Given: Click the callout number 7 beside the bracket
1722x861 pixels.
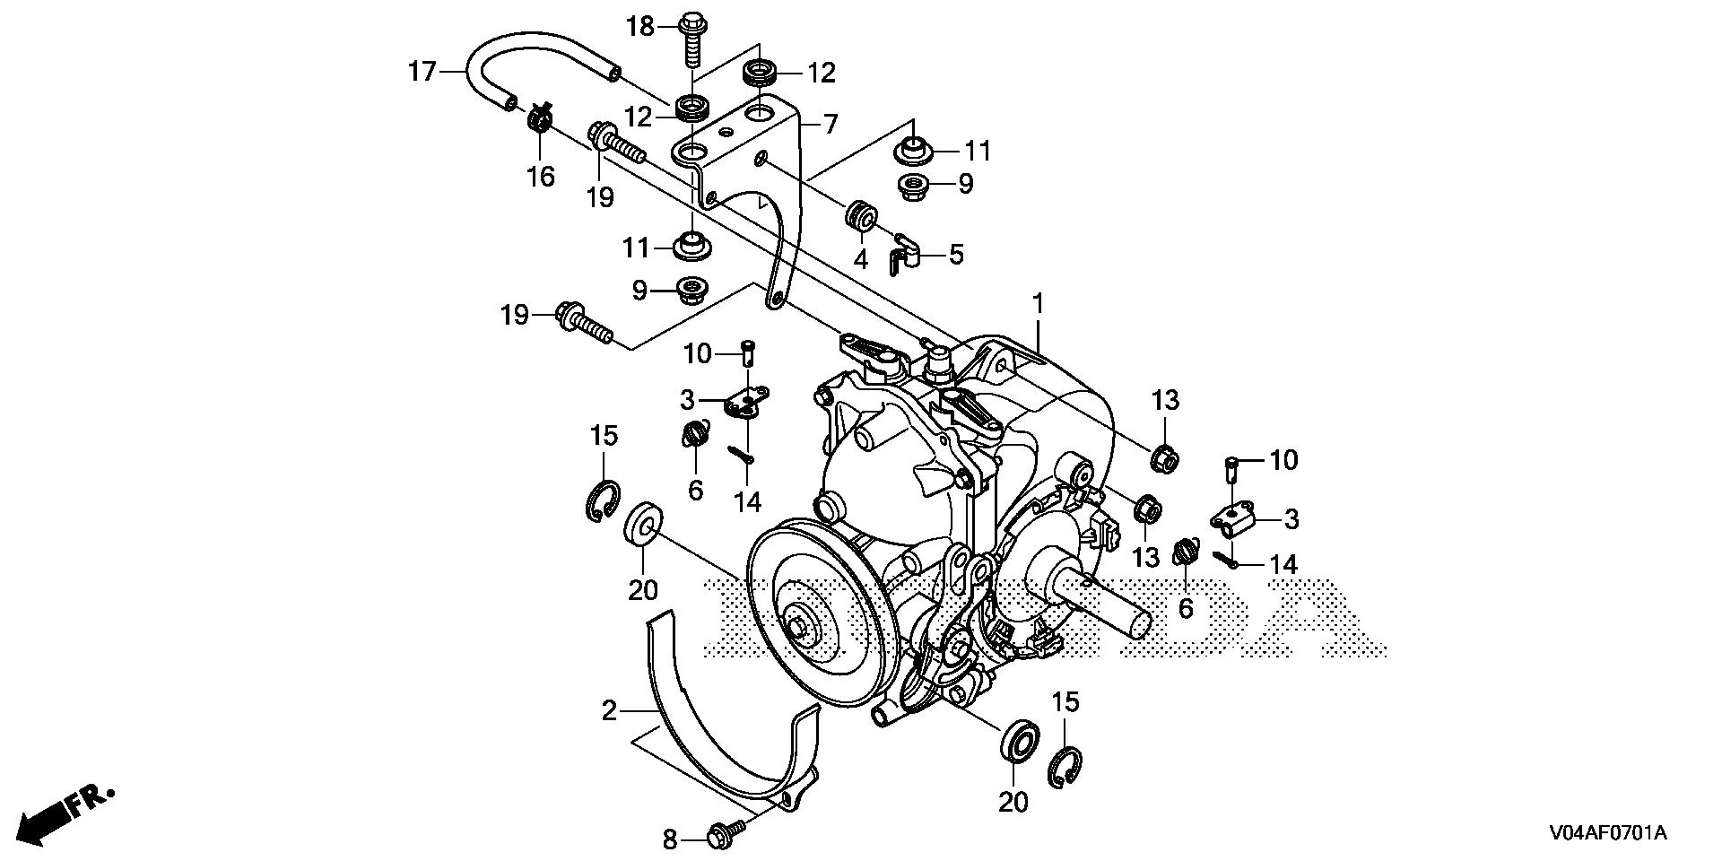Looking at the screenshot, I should point(831,124).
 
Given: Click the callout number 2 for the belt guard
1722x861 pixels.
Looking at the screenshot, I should point(610,711).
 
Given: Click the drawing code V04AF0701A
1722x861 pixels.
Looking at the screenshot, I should point(1606,833).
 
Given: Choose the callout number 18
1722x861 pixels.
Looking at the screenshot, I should point(641,27).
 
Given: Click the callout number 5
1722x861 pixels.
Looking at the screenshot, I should point(956,254).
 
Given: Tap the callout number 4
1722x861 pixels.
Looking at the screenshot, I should point(860,260).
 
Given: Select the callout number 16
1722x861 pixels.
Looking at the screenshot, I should point(541,176).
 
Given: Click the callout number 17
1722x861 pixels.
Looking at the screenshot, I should point(422,71).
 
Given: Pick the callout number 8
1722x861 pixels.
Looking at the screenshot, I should point(670,840).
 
